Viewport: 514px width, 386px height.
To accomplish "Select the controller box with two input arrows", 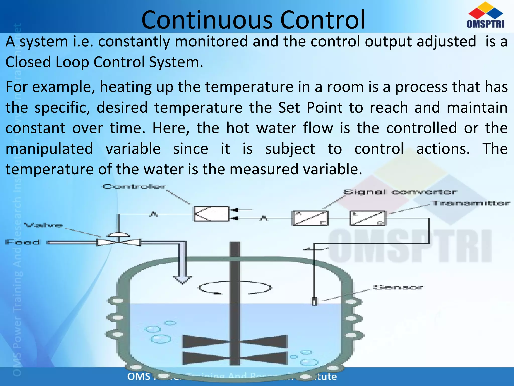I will coord(211,214).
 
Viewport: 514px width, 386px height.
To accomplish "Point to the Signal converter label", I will coord(400,192).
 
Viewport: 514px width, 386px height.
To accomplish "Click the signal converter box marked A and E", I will coord(310,218).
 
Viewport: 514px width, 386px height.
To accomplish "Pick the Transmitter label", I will coord(470,203).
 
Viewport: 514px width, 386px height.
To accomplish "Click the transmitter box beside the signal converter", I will coord(368,218).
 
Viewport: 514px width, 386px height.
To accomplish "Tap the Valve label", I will coord(43,225).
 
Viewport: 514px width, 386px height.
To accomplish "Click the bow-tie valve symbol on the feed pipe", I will coord(118,242).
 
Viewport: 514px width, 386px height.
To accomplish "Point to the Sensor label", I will coord(398,287).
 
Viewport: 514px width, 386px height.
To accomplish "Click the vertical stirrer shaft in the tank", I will coord(235,302).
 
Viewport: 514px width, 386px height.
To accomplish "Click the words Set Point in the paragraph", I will coord(310,108).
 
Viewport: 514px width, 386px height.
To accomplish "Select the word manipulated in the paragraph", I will coord(49,149).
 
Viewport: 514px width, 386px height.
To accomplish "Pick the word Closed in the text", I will coord(28,62).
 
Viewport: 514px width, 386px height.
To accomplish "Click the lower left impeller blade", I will coord(206,358).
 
